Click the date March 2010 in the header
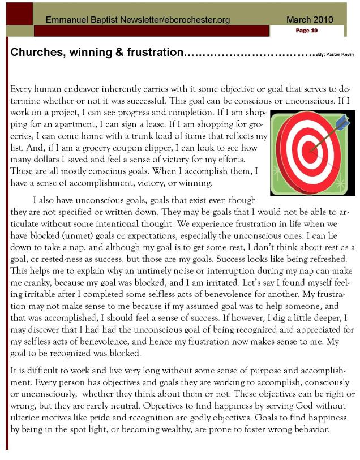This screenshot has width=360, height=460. (x=310, y=20)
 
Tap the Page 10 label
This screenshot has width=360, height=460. (x=306, y=31)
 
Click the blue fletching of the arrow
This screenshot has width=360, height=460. (x=342, y=121)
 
